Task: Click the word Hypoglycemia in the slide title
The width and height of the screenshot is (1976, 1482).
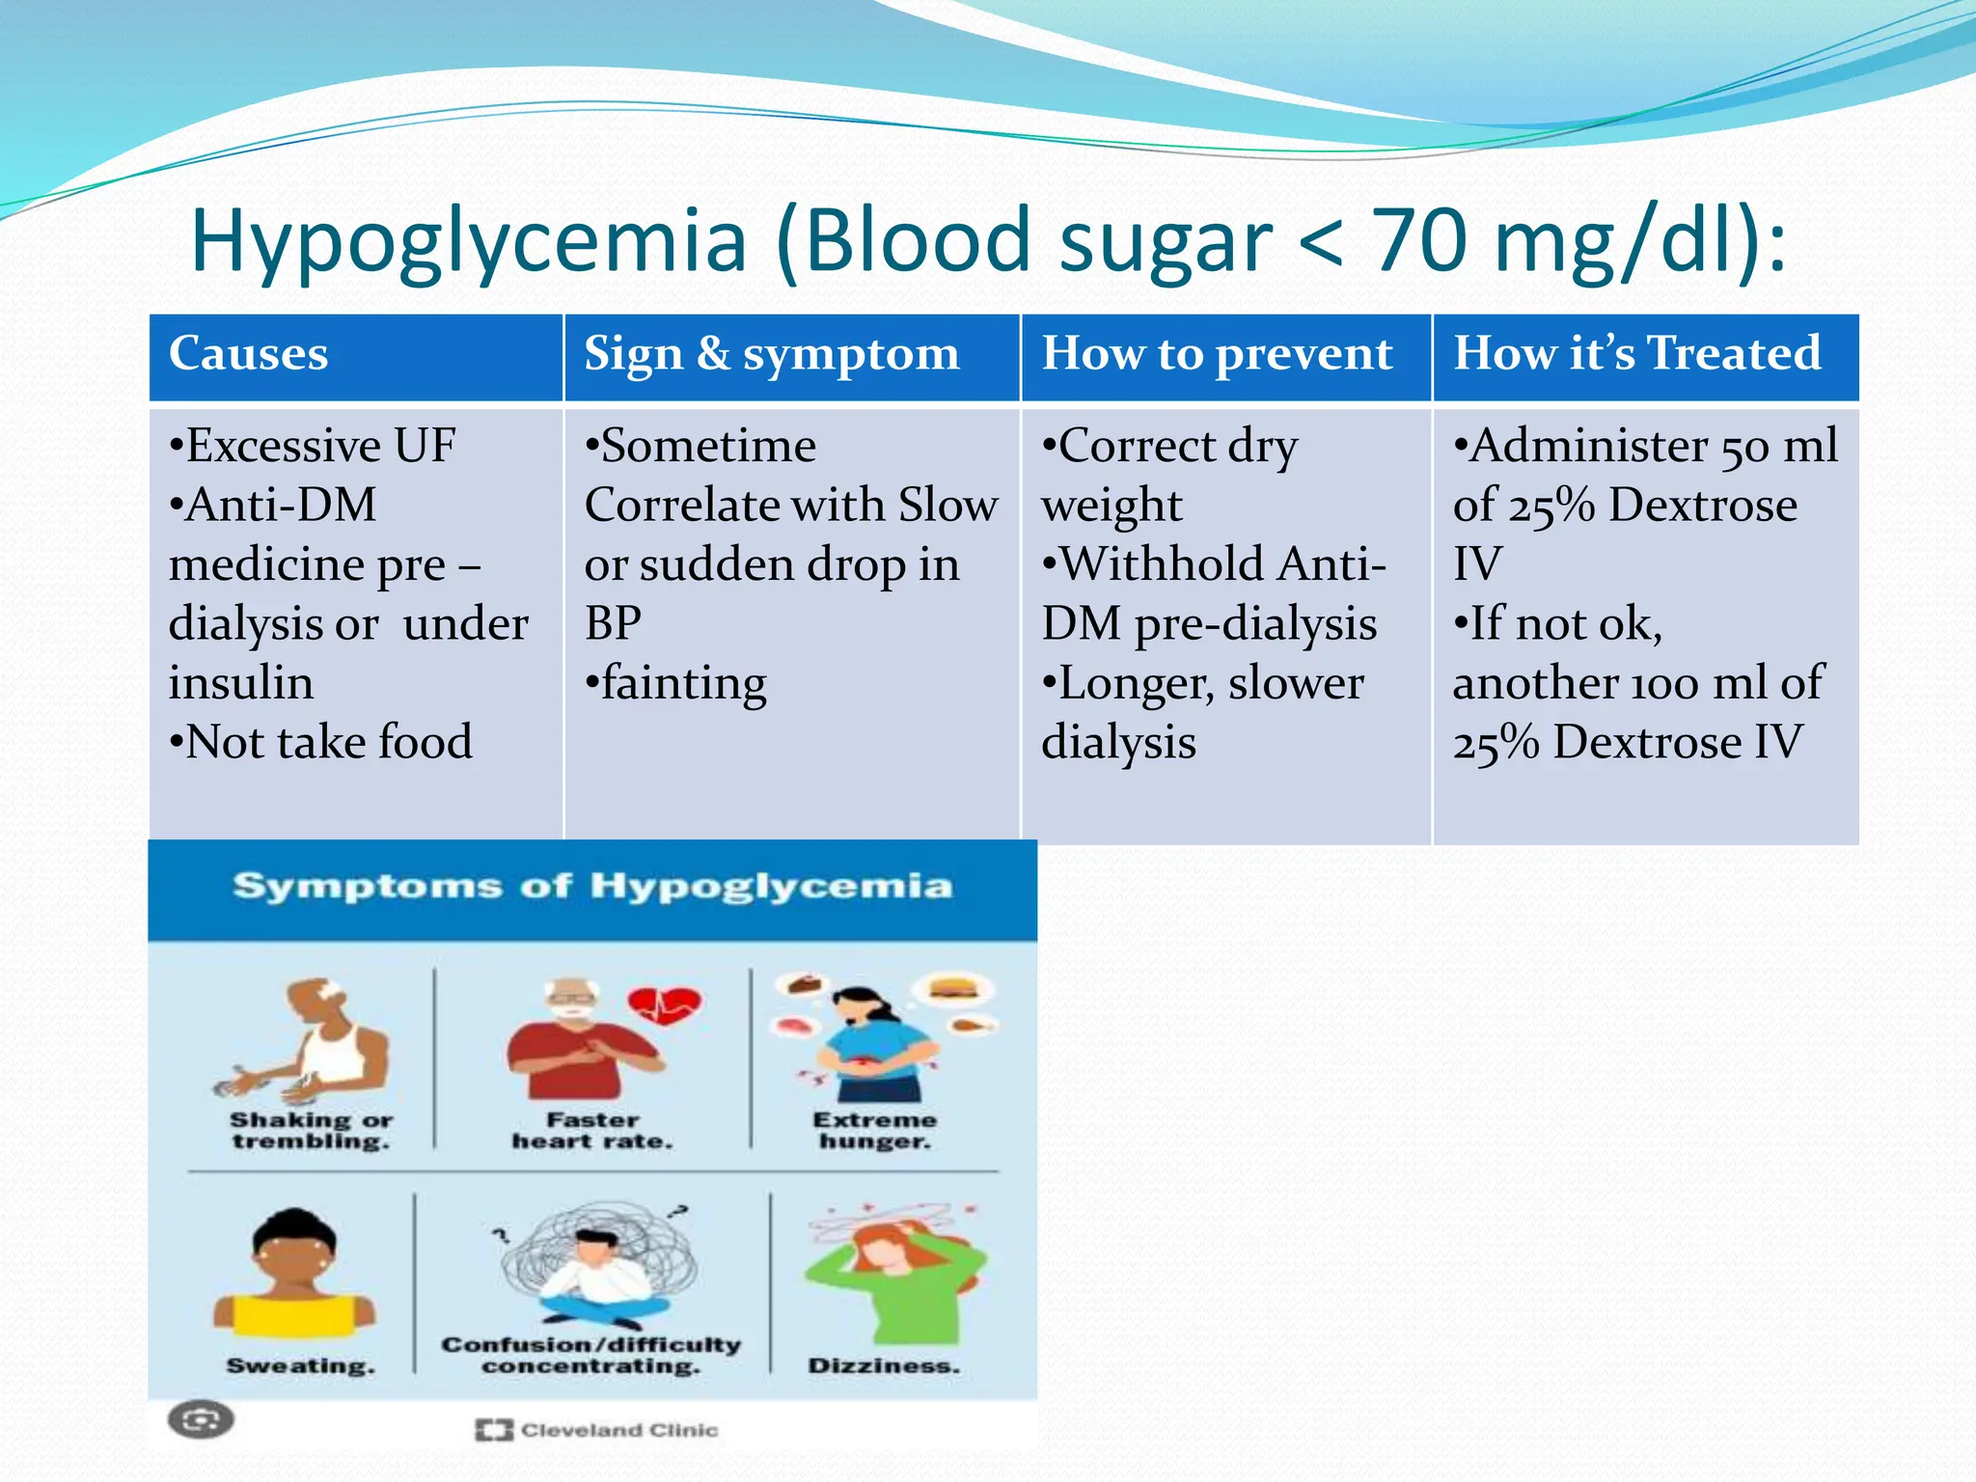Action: click(x=469, y=241)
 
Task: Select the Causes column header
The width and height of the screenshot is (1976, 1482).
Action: click(x=249, y=353)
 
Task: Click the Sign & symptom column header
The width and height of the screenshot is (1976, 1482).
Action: click(x=772, y=353)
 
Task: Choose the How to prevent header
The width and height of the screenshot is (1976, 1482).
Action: click(x=1217, y=353)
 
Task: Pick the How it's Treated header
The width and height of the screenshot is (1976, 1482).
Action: click(x=1637, y=353)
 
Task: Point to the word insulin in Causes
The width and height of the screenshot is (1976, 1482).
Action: click(x=241, y=683)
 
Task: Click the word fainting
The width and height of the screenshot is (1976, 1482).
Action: click(x=683, y=683)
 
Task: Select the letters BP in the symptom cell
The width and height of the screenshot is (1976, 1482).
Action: click(x=613, y=623)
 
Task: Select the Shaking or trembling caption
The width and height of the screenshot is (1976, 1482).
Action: click(x=311, y=1130)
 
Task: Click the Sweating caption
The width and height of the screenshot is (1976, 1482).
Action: click(x=300, y=1366)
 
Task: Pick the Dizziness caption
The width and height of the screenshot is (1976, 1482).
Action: click(x=884, y=1366)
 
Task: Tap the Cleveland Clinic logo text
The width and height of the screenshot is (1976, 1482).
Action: click(x=618, y=1430)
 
